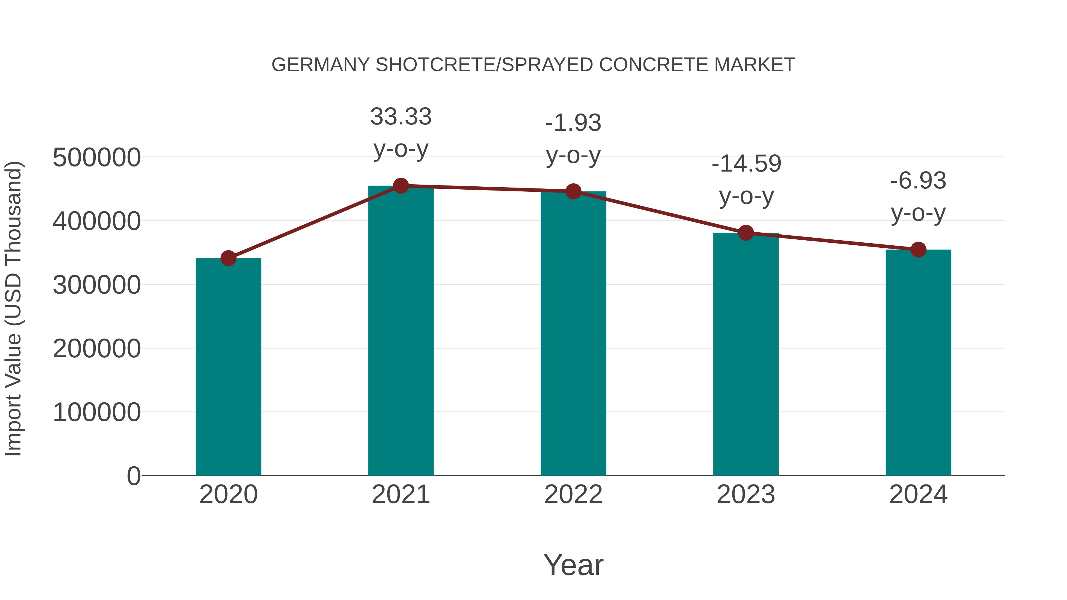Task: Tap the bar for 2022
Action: [573, 333]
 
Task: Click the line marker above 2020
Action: [228, 258]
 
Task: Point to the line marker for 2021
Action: [400, 186]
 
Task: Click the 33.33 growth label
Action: [400, 116]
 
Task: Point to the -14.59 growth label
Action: [746, 164]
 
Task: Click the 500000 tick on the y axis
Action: [97, 157]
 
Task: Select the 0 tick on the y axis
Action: [133, 476]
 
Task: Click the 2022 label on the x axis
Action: [573, 495]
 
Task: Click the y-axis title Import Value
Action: [13, 308]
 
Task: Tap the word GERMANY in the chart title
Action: [320, 65]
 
